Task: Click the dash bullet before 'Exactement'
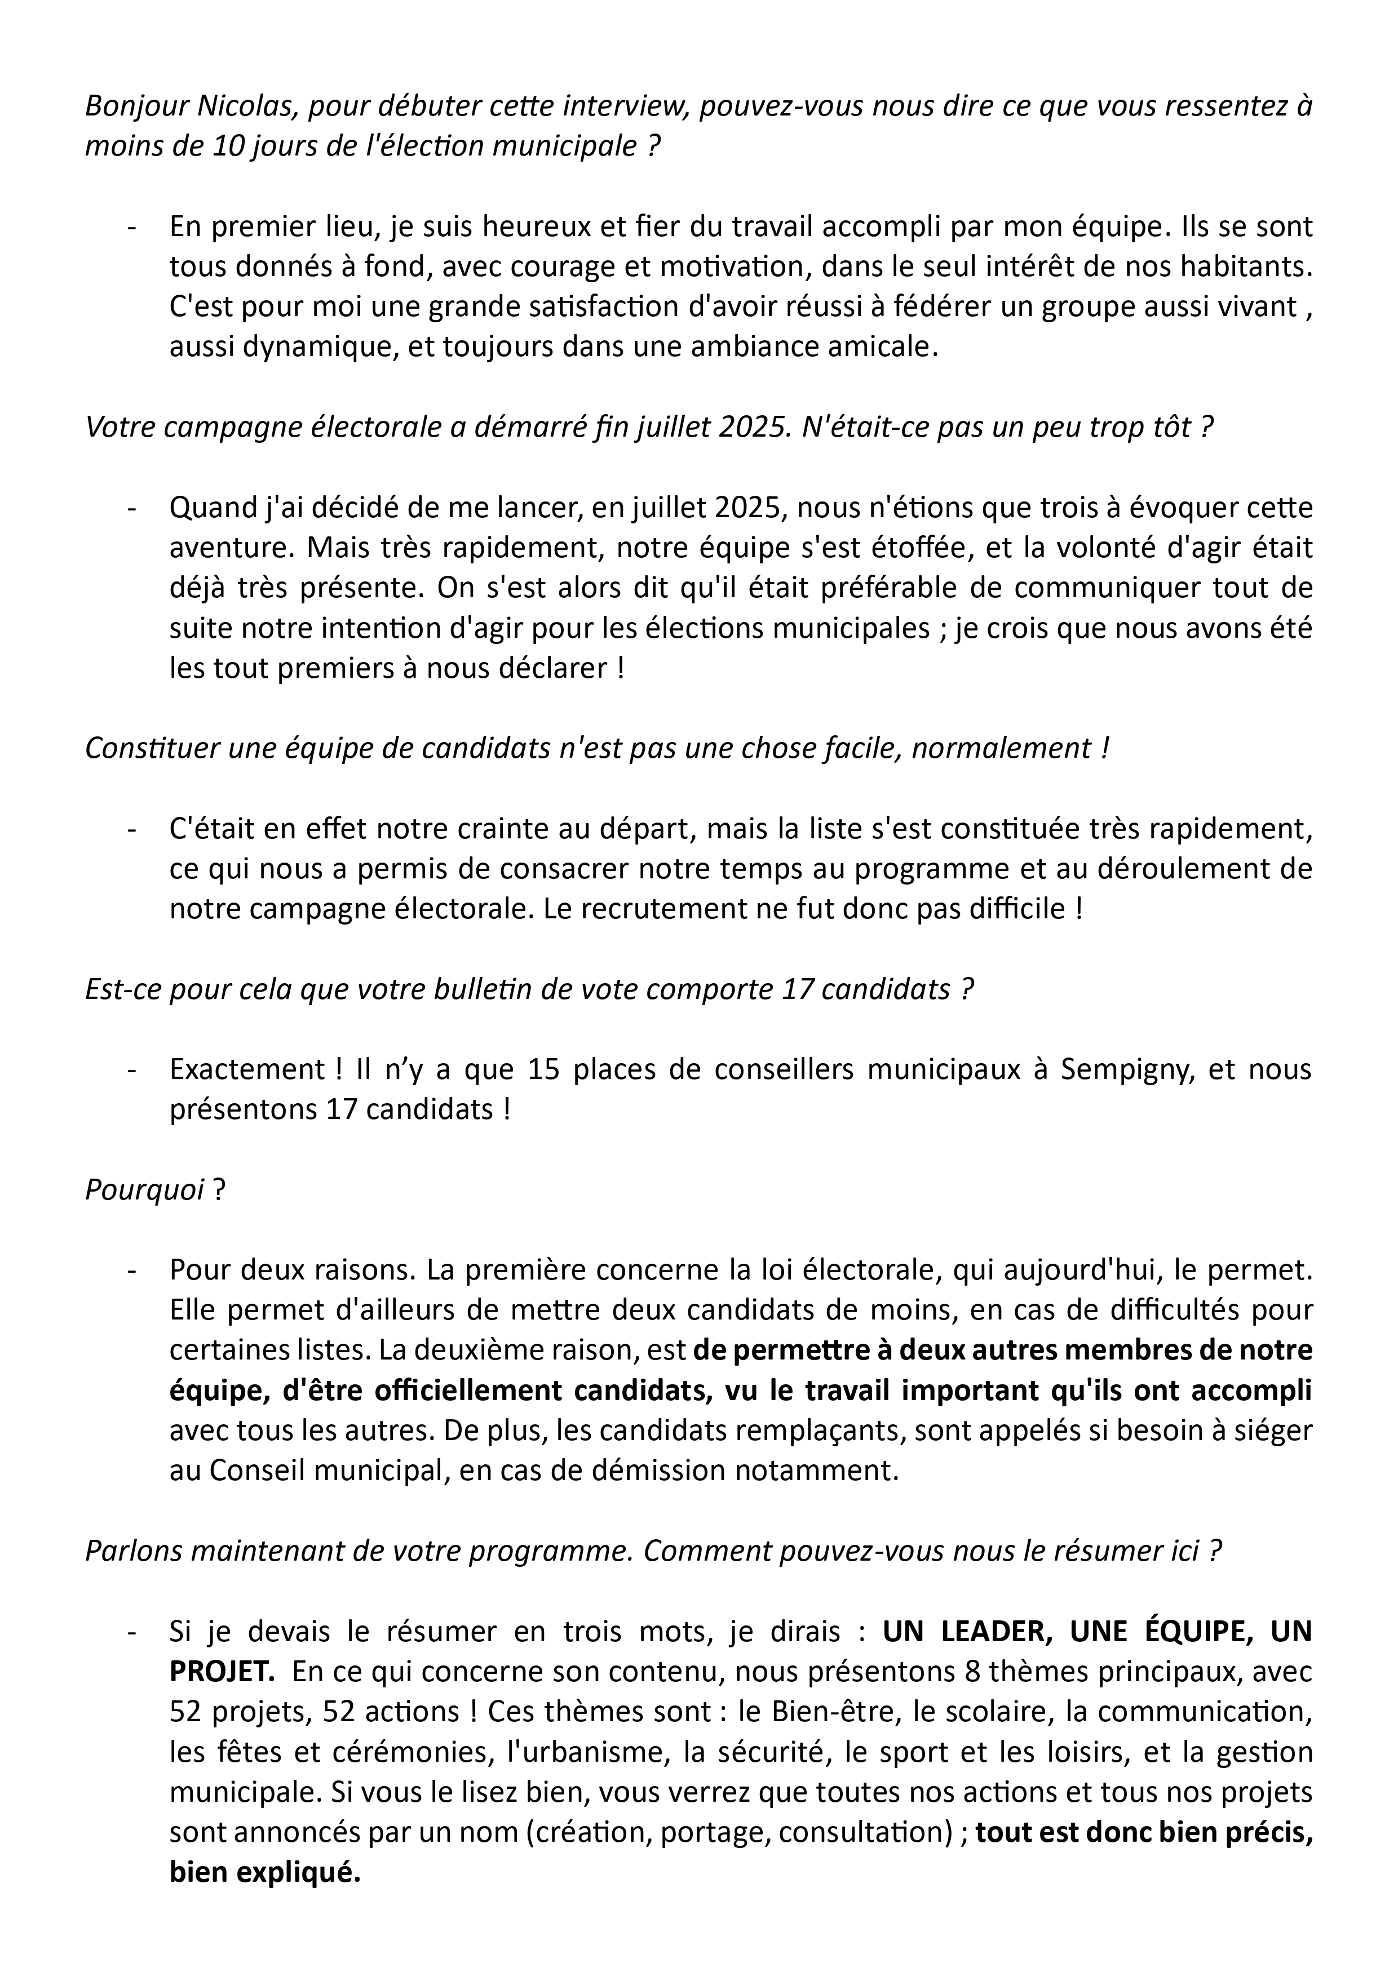pos(132,1070)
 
